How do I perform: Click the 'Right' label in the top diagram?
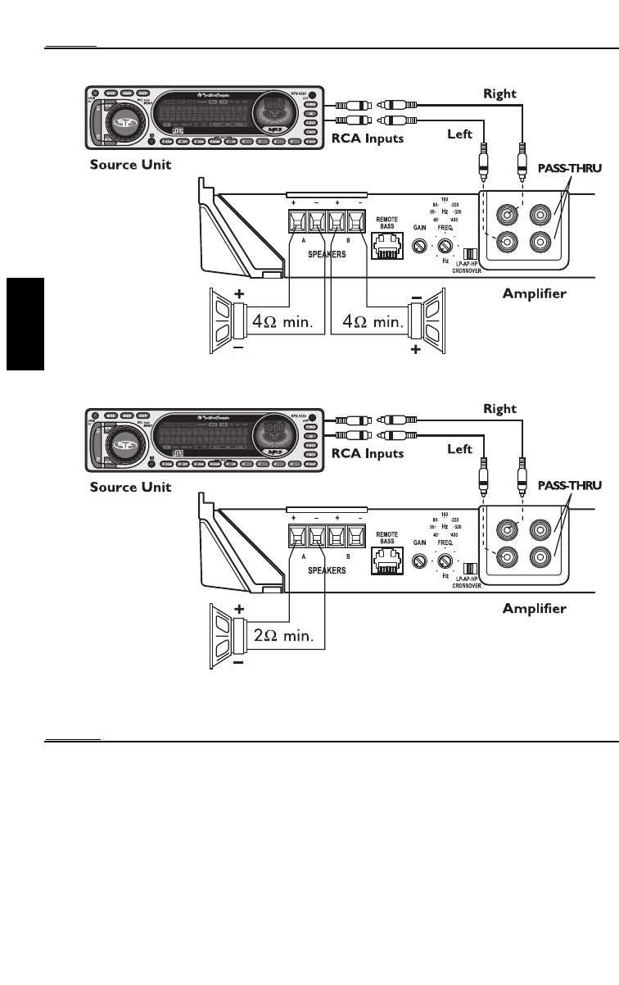(499, 93)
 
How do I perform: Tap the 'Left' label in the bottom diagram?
(459, 448)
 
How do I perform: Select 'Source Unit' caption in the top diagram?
(130, 165)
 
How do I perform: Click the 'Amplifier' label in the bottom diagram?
(535, 608)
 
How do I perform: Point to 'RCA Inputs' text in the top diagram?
(367, 138)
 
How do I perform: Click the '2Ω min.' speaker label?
(290, 635)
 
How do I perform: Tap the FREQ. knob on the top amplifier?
(447, 246)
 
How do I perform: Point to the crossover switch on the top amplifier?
(470, 255)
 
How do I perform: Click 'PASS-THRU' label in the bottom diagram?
(569, 486)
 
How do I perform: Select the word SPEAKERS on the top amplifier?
(327, 255)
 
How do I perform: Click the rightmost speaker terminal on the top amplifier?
(355, 222)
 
